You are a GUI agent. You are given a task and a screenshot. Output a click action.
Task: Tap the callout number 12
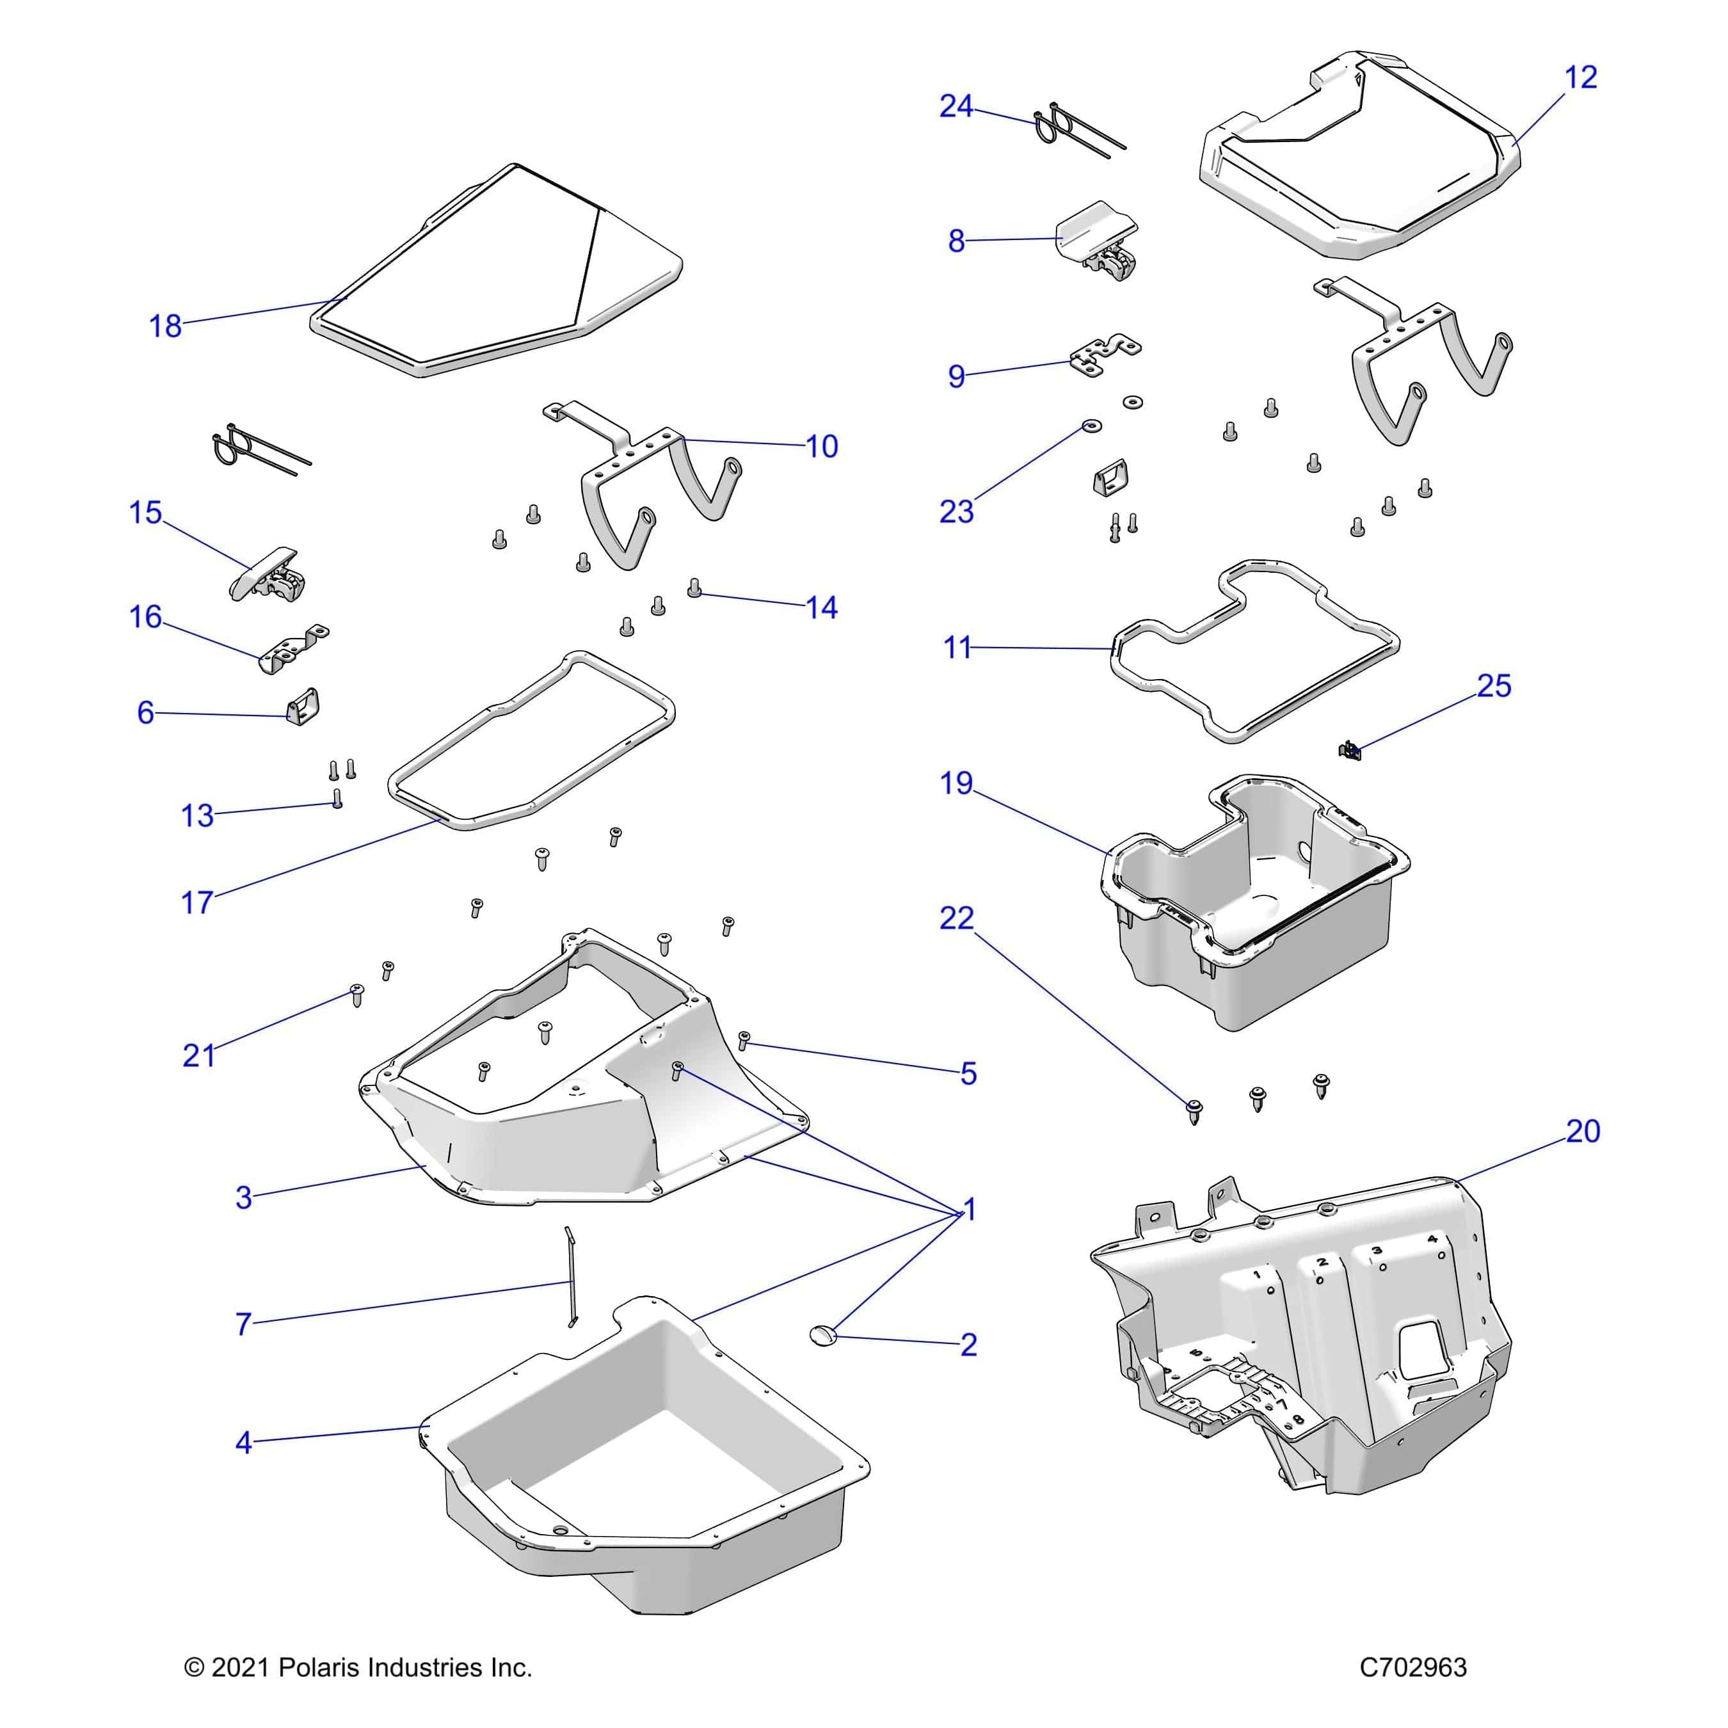click(1580, 78)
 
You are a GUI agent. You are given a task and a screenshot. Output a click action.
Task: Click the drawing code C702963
click(1413, 1668)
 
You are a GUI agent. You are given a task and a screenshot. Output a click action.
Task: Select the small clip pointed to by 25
click(1350, 749)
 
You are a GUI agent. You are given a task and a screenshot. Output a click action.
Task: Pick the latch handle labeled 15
click(266, 573)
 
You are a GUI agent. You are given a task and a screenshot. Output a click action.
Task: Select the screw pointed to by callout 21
click(357, 995)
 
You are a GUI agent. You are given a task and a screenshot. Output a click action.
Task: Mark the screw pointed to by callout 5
click(743, 1040)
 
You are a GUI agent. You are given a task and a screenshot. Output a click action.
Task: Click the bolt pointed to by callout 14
click(694, 588)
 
